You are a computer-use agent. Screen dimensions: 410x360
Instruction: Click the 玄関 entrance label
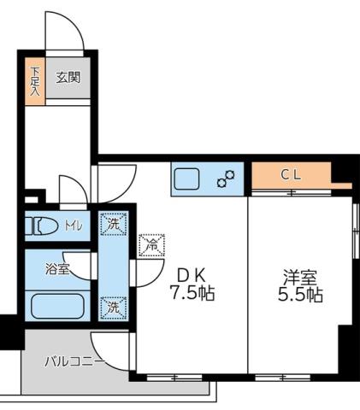coord(68,77)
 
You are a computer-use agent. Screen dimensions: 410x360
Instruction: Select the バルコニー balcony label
coord(74,362)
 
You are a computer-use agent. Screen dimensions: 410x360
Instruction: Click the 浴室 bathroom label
coord(57,268)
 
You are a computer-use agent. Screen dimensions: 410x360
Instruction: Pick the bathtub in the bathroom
coord(56,305)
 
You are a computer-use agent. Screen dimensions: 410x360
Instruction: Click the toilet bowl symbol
coord(42,227)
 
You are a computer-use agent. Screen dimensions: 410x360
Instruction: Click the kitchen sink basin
coord(186,179)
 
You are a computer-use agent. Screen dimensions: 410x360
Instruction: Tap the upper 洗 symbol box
coord(112,225)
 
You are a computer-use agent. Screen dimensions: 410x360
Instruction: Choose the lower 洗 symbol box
coord(112,305)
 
